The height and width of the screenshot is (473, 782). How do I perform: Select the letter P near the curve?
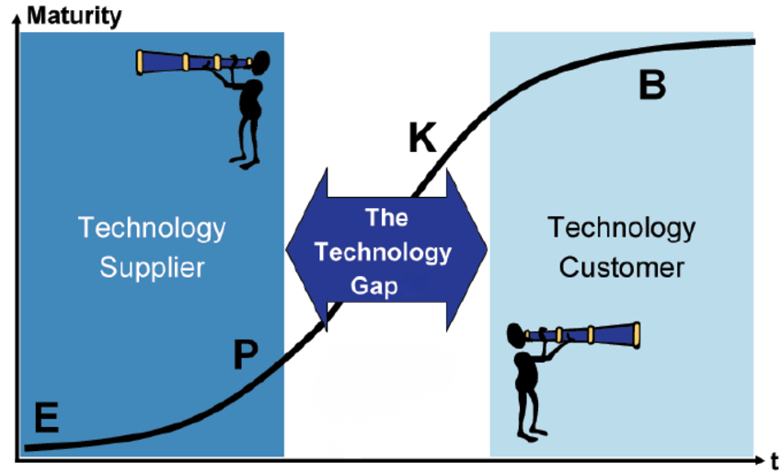[245, 354]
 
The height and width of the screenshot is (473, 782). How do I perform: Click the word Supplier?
[152, 268]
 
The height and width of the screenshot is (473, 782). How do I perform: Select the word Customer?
[621, 268]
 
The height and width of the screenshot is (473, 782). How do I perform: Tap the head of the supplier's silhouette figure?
[259, 63]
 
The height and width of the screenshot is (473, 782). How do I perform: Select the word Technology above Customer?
[621, 227]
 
